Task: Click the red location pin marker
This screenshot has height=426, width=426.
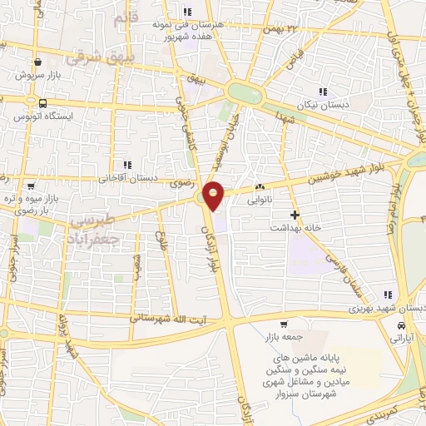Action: pos(214,195)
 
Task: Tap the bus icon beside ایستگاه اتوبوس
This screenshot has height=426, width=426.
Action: pos(42,103)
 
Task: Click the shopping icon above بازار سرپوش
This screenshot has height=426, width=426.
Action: pos(38,62)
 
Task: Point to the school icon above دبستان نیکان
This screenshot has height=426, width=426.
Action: pos(323,92)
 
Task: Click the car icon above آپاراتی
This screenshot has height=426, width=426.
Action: pos(402,325)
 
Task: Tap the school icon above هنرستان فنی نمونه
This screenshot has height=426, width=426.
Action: pos(186,12)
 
